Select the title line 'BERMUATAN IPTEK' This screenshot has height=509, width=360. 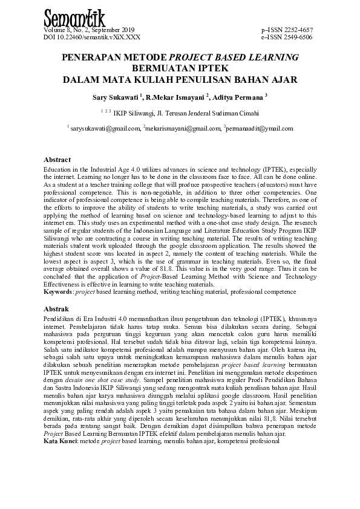180,68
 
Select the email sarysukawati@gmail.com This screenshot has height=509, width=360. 105,128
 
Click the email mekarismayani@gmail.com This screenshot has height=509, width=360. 183,128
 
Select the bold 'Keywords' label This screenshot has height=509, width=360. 59,292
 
